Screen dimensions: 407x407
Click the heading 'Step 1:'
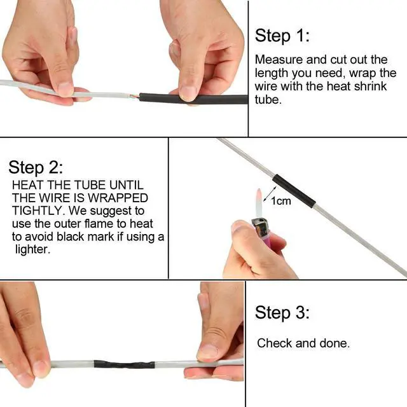[x=282, y=36]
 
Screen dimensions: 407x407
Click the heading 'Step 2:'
[x=36, y=168]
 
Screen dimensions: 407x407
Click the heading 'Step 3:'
[x=282, y=312]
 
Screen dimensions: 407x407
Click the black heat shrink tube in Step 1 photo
[x=191, y=99]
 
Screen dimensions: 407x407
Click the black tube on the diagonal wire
[x=293, y=188]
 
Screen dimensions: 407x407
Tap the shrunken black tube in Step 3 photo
[x=123, y=366]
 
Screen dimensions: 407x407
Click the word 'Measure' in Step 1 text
[x=278, y=60]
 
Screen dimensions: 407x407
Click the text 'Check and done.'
[x=303, y=343]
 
